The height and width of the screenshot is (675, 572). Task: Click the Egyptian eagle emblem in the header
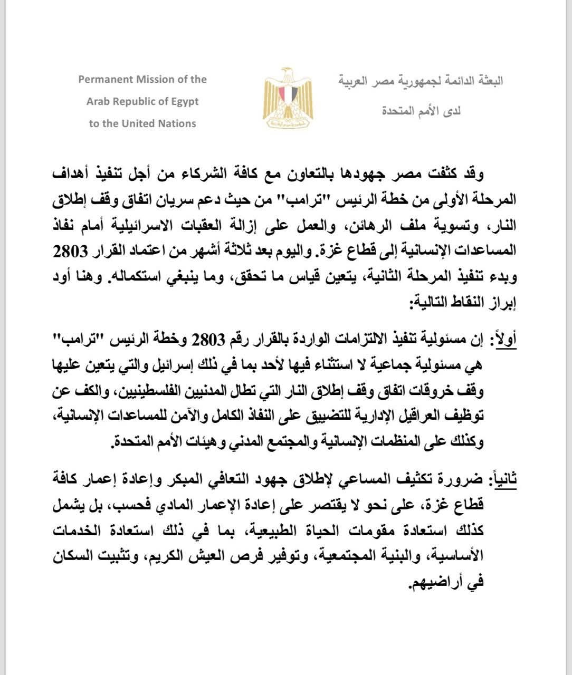(x=288, y=99)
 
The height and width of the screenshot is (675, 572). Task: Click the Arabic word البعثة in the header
(x=486, y=81)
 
